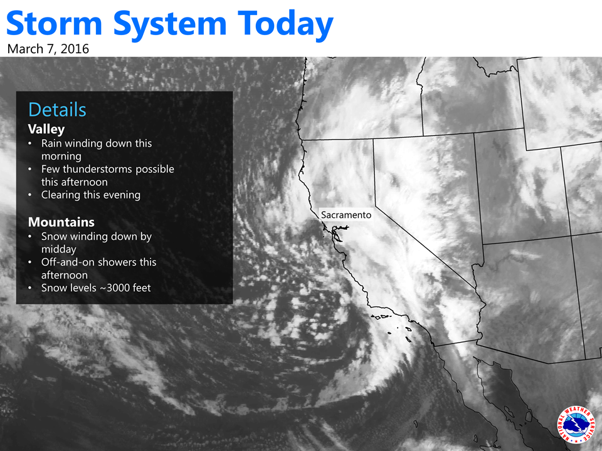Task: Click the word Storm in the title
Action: point(54,23)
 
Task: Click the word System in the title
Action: point(170,26)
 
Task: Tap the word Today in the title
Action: point(286,26)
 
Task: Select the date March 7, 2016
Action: point(48,49)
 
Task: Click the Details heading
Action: point(57,110)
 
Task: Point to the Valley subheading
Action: point(46,130)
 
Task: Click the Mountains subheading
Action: point(61,222)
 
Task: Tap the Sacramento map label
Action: point(346,215)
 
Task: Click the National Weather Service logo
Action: point(576,425)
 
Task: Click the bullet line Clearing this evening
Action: point(91,195)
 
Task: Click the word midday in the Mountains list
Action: point(59,250)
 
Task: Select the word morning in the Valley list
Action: point(61,157)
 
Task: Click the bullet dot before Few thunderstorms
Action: point(30,169)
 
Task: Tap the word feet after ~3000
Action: point(140,288)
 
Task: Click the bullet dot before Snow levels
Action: point(30,288)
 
